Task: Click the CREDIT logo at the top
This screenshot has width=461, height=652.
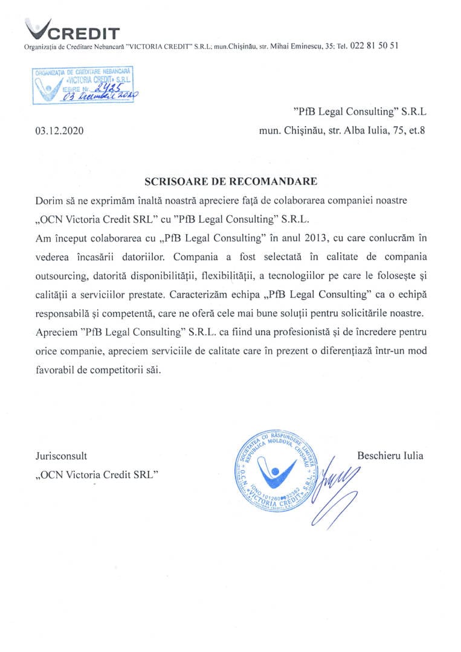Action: (73, 30)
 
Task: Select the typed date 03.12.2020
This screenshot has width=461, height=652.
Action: (59, 130)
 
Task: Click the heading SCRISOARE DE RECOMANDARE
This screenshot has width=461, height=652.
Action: (230, 181)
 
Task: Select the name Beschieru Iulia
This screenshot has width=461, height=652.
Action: (390, 456)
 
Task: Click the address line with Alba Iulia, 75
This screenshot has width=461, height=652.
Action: (343, 130)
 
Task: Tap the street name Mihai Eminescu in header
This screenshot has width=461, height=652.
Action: (296, 46)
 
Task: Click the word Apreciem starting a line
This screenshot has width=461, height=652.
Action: (55, 331)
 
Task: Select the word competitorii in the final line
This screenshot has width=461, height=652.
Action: (118, 369)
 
